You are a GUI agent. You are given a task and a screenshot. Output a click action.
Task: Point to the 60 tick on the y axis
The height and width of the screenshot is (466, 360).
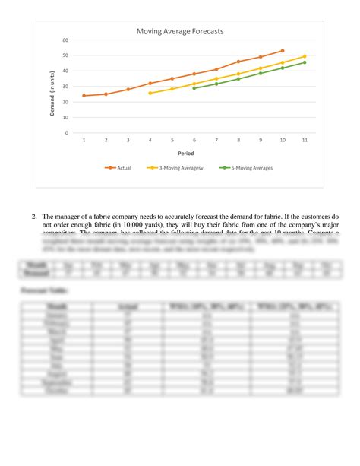(65, 40)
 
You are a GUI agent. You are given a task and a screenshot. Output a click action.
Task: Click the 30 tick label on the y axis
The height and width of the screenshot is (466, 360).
(65, 87)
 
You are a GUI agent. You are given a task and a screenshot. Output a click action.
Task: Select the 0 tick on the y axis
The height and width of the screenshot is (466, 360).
(67, 133)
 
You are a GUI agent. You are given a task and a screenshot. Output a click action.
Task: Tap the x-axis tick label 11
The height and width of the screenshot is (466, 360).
(305, 141)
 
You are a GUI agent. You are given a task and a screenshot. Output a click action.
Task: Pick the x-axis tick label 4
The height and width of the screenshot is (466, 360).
(150, 141)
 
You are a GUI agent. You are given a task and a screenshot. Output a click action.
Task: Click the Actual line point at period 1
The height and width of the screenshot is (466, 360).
(84, 96)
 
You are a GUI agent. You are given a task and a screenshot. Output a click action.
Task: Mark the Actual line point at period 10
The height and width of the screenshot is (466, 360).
(283, 51)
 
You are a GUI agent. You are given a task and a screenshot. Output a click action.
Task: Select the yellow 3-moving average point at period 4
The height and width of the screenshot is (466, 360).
(150, 93)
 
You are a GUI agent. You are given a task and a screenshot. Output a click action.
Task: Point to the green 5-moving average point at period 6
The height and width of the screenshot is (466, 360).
(194, 88)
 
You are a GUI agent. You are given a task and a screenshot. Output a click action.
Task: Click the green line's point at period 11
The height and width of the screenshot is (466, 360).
(305, 62)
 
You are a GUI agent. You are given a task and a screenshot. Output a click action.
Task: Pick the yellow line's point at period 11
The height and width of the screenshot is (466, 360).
(305, 56)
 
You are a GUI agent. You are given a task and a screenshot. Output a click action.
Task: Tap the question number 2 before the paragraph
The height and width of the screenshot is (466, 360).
(34, 216)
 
